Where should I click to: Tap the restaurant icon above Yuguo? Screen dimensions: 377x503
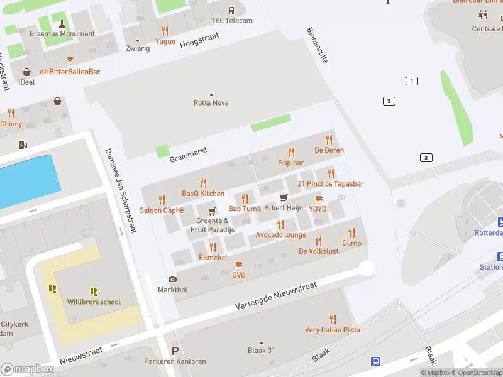click(165, 31)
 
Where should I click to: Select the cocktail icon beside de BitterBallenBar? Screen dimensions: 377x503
click(70, 61)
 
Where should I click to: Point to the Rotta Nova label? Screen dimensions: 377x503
click(211, 103)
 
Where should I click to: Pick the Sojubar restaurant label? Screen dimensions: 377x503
click(290, 163)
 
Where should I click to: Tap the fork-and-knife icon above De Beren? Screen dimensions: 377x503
click(329, 139)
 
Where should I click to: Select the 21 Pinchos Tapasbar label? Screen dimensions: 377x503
click(330, 183)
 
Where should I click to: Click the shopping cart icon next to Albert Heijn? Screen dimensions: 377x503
click(284, 197)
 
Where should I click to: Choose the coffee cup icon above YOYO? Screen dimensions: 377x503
click(318, 199)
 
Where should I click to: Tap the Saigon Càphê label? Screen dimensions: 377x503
click(162, 210)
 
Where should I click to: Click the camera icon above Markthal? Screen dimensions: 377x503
click(172, 279)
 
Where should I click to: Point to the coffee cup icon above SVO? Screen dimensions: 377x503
click(239, 265)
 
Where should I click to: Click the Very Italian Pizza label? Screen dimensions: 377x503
click(333, 330)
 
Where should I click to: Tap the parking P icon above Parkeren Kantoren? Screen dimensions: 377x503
click(175, 351)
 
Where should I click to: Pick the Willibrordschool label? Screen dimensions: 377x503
click(94, 302)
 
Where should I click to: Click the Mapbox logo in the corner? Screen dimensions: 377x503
click(28, 369)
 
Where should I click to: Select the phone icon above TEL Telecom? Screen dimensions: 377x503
click(231, 10)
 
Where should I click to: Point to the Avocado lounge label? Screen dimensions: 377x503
click(280, 235)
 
